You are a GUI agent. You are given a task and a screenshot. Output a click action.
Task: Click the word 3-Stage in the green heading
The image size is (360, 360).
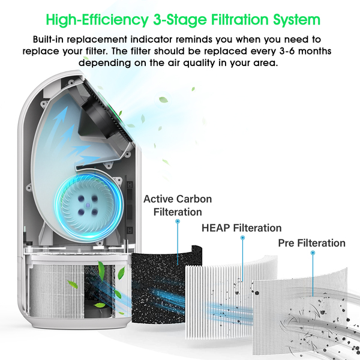click(x=180, y=20)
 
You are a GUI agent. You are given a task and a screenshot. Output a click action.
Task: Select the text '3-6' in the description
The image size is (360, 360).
click(x=287, y=51)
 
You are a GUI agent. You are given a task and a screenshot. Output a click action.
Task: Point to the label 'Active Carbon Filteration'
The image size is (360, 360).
click(x=178, y=205)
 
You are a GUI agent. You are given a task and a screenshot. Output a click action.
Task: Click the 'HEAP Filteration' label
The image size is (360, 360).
click(x=242, y=228)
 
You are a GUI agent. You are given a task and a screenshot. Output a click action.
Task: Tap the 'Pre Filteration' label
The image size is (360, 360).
click(x=312, y=243)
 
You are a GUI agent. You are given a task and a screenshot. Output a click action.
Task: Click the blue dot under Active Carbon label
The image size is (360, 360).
click(x=178, y=221)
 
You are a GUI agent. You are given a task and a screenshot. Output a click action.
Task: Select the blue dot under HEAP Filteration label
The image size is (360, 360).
click(x=242, y=238)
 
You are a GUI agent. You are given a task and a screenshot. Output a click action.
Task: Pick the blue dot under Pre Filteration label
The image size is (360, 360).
click(x=313, y=253)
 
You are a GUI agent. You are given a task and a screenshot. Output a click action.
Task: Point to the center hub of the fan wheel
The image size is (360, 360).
click(x=88, y=205)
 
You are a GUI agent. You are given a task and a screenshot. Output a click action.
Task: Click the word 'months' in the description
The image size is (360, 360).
click(x=314, y=51)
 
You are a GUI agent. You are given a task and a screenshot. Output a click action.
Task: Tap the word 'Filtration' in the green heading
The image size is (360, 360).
click(x=239, y=19)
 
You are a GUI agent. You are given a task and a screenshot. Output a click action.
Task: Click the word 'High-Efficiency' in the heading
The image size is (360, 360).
click(x=97, y=20)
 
